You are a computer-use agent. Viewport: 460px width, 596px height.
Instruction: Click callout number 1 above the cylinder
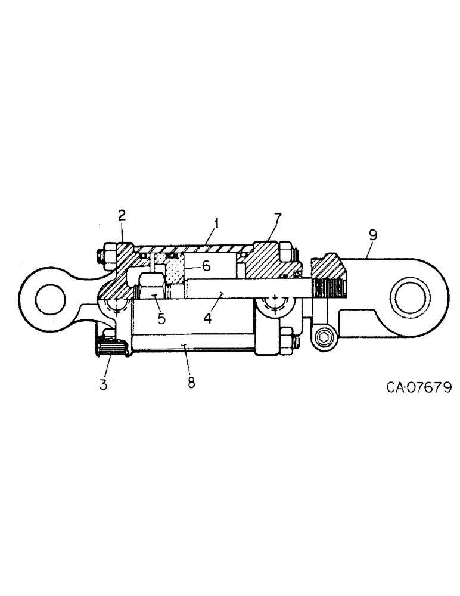pyautogui.click(x=217, y=224)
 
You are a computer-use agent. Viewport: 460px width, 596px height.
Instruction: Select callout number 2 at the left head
pyautogui.click(x=122, y=215)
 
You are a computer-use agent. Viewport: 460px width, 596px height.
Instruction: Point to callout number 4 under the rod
pyautogui.click(x=207, y=318)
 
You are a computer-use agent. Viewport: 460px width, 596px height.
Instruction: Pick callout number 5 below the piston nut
pyautogui.click(x=161, y=318)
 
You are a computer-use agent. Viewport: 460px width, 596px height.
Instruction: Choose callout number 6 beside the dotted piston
pyautogui.click(x=206, y=266)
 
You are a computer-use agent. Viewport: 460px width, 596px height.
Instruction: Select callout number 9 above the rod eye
pyautogui.click(x=372, y=234)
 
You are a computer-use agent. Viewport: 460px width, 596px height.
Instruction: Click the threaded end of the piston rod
pyautogui.click(x=329, y=288)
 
